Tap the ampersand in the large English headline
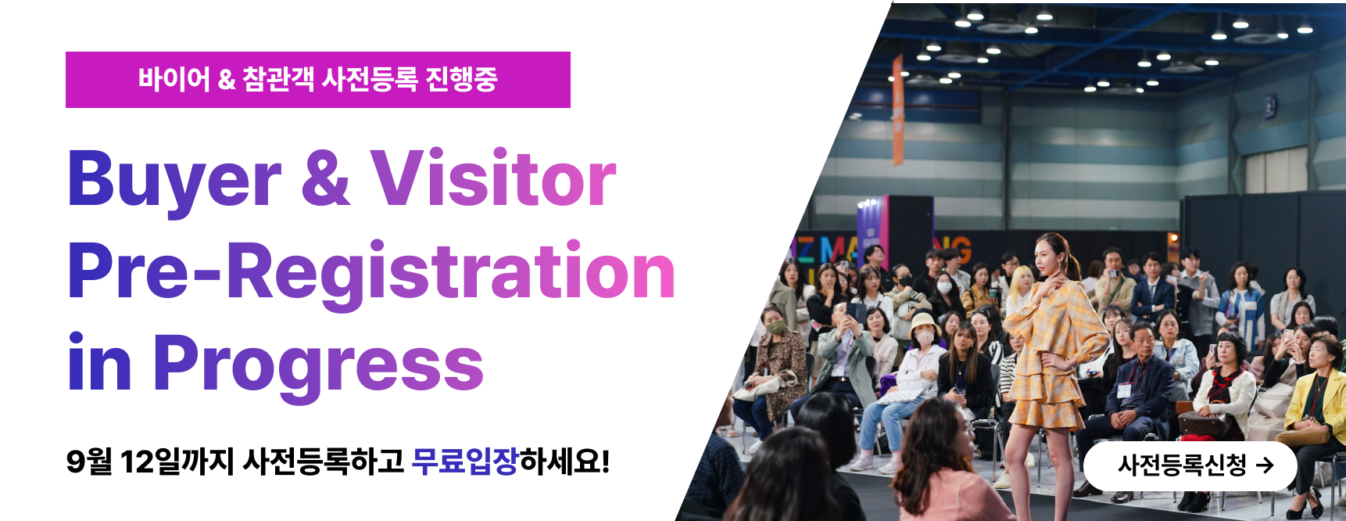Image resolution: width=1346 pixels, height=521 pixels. pyautogui.click(x=325, y=178)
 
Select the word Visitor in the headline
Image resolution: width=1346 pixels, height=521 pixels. pyautogui.click(x=493, y=178)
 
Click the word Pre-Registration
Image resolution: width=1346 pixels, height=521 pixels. pyautogui.click(x=371, y=271)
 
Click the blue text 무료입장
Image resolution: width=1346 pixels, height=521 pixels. pyautogui.click(x=465, y=461)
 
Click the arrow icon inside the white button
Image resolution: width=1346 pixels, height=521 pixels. pyautogui.click(x=1265, y=465)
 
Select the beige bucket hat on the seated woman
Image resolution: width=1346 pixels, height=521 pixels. pyautogui.click(x=925, y=323)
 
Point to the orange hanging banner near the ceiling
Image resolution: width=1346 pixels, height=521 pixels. pyautogui.click(x=898, y=110)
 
